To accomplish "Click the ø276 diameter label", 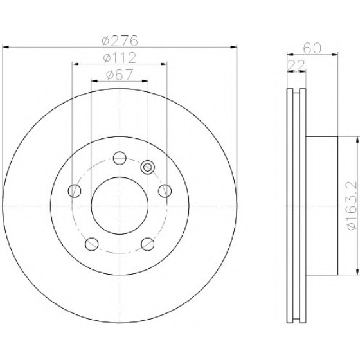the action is click(120, 40).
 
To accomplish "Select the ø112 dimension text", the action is click(120, 58).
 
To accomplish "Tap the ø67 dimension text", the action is click(120, 75).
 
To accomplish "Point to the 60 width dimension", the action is click(312, 48).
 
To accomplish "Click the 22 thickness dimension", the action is click(296, 66).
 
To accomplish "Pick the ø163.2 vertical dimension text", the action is click(352, 205).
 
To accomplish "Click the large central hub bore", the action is click(120, 206).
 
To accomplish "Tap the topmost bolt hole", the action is click(120, 158).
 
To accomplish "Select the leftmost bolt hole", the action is click(75, 191).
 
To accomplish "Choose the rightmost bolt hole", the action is click(165, 191).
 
